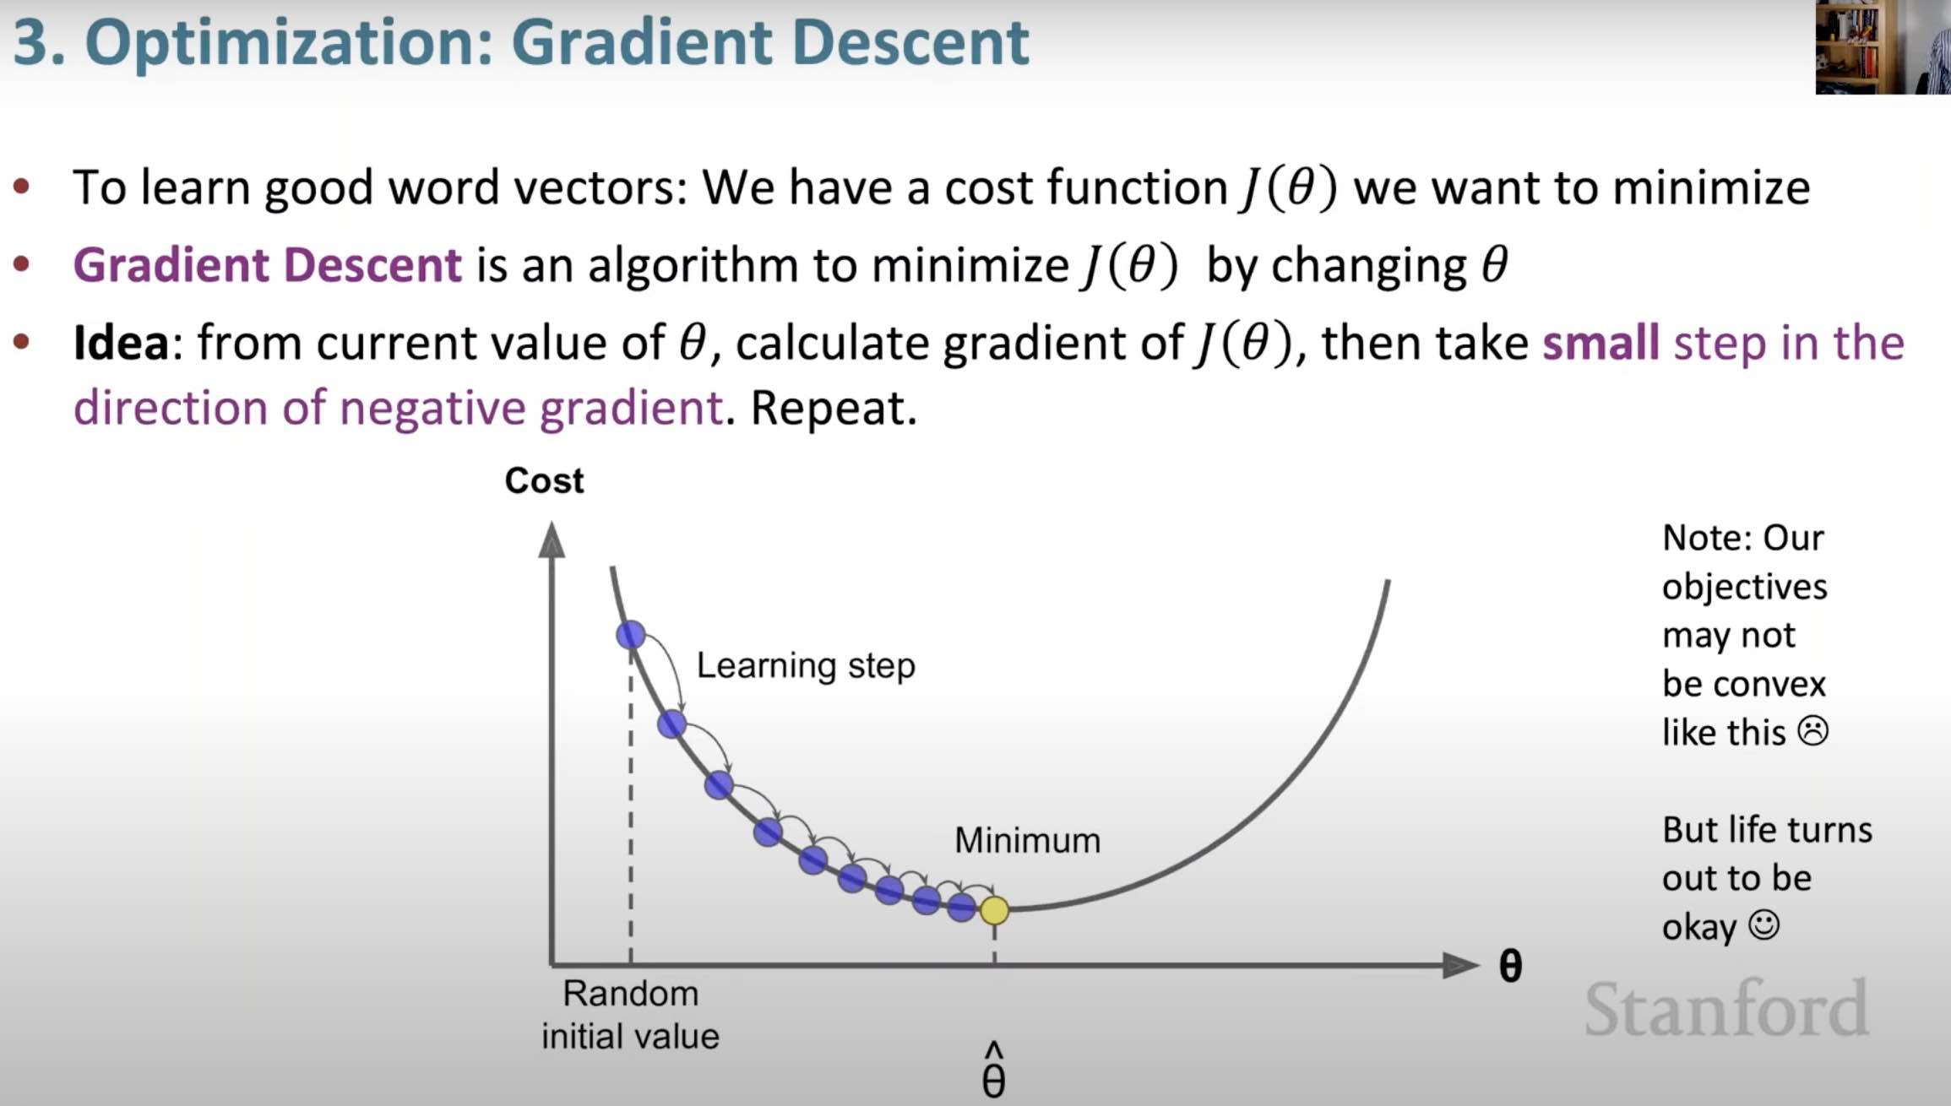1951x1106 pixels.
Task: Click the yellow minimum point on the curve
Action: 994,910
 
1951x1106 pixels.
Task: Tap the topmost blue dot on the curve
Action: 631,635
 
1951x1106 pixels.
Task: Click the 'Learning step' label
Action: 806,666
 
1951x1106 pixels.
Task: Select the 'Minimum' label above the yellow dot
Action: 1027,840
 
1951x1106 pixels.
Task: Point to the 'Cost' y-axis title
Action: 544,480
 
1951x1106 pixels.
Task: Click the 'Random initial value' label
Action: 631,1015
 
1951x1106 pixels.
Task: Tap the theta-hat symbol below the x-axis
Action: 994,1070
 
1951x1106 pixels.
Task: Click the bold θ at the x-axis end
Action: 1510,966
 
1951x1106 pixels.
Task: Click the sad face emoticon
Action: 1813,731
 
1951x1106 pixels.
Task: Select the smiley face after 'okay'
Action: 1764,925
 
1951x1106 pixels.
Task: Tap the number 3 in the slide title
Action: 30,42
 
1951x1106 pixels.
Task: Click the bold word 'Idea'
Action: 121,343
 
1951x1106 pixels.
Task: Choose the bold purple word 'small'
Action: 1601,343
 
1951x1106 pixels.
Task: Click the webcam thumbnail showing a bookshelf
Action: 1883,46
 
